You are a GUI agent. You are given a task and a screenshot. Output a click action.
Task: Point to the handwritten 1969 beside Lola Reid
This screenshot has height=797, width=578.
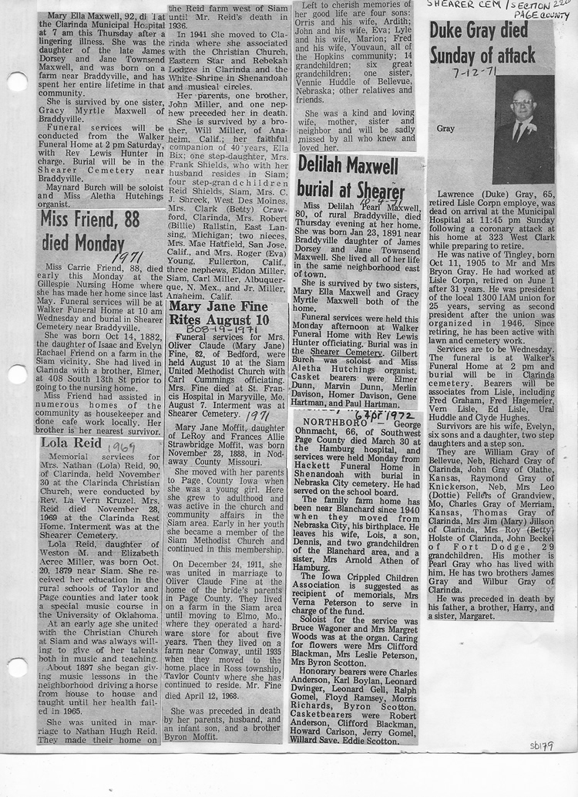point(122,445)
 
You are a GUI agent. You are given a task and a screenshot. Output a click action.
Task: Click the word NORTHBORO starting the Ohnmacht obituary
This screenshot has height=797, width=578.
point(324,424)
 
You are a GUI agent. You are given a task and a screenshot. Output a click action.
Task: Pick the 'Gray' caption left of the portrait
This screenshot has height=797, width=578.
point(446,129)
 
